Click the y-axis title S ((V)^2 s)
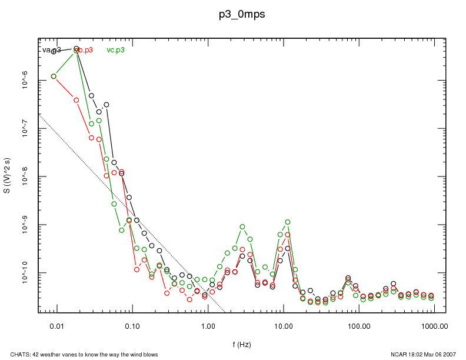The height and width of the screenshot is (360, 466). tap(7, 176)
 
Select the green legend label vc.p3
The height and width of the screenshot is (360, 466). tap(115, 50)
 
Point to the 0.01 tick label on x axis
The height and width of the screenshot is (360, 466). tap(57, 325)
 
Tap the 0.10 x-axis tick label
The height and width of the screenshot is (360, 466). tap(132, 325)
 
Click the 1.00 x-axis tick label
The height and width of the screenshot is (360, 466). tap(208, 325)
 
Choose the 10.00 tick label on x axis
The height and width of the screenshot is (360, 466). tap(283, 325)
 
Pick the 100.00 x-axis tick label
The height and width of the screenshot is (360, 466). tap(358, 325)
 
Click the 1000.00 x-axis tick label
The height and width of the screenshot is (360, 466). tap(434, 325)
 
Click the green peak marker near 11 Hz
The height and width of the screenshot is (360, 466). tap(288, 222)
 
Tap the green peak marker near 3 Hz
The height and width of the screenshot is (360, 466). tap(242, 226)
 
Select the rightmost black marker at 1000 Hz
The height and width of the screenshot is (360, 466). tap(431, 295)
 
